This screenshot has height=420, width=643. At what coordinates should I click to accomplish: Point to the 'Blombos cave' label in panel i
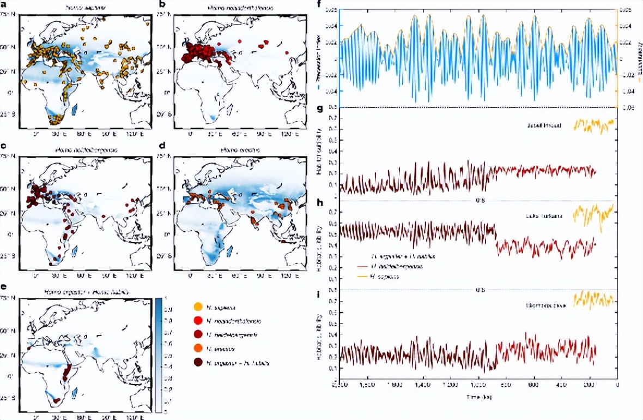[x=551, y=307]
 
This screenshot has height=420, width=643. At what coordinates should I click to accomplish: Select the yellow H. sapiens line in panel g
[x=594, y=126]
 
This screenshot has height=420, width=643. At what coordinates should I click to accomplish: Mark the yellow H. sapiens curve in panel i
[x=594, y=299]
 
